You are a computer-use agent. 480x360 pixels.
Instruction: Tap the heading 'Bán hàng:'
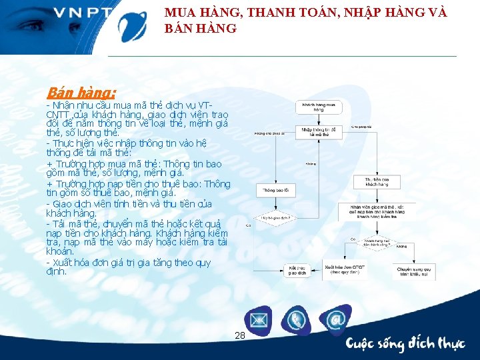[x=81, y=92]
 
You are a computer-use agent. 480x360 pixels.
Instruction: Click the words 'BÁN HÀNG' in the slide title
[x=200, y=29]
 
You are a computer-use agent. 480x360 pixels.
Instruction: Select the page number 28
[x=240, y=335]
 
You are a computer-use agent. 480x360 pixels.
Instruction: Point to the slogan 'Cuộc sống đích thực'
[x=405, y=343]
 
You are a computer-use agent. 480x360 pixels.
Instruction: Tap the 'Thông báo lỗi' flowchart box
[x=273, y=190]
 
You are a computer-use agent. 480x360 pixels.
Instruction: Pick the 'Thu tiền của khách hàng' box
[x=377, y=182]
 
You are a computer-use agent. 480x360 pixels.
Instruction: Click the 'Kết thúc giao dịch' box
[x=293, y=270]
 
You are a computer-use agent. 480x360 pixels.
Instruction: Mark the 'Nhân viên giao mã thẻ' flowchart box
[x=377, y=211]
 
